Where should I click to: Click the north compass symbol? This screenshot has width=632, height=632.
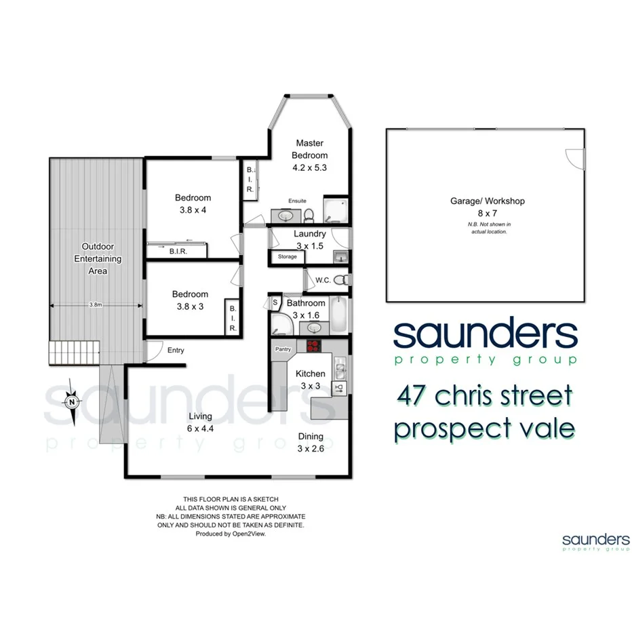click(x=71, y=401)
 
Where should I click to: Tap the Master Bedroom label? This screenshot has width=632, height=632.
click(x=309, y=155)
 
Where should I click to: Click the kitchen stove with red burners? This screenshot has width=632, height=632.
click(x=313, y=347)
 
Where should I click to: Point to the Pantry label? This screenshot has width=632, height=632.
click(x=283, y=349)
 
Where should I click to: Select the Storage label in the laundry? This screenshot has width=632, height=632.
click(x=287, y=257)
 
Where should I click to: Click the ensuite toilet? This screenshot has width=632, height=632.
click(x=309, y=215)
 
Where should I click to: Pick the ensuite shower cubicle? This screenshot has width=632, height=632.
click(x=336, y=210)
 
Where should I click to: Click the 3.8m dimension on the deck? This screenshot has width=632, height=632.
click(x=96, y=305)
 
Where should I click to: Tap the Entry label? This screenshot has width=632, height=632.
click(x=176, y=350)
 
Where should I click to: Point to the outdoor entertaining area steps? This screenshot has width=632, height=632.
click(x=73, y=352)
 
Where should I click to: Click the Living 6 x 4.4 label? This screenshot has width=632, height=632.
click(x=200, y=422)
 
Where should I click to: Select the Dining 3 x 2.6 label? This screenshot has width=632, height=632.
click(x=310, y=442)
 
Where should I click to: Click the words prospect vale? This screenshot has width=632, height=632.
click(x=485, y=429)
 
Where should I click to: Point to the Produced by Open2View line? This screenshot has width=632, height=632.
click(x=231, y=534)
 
